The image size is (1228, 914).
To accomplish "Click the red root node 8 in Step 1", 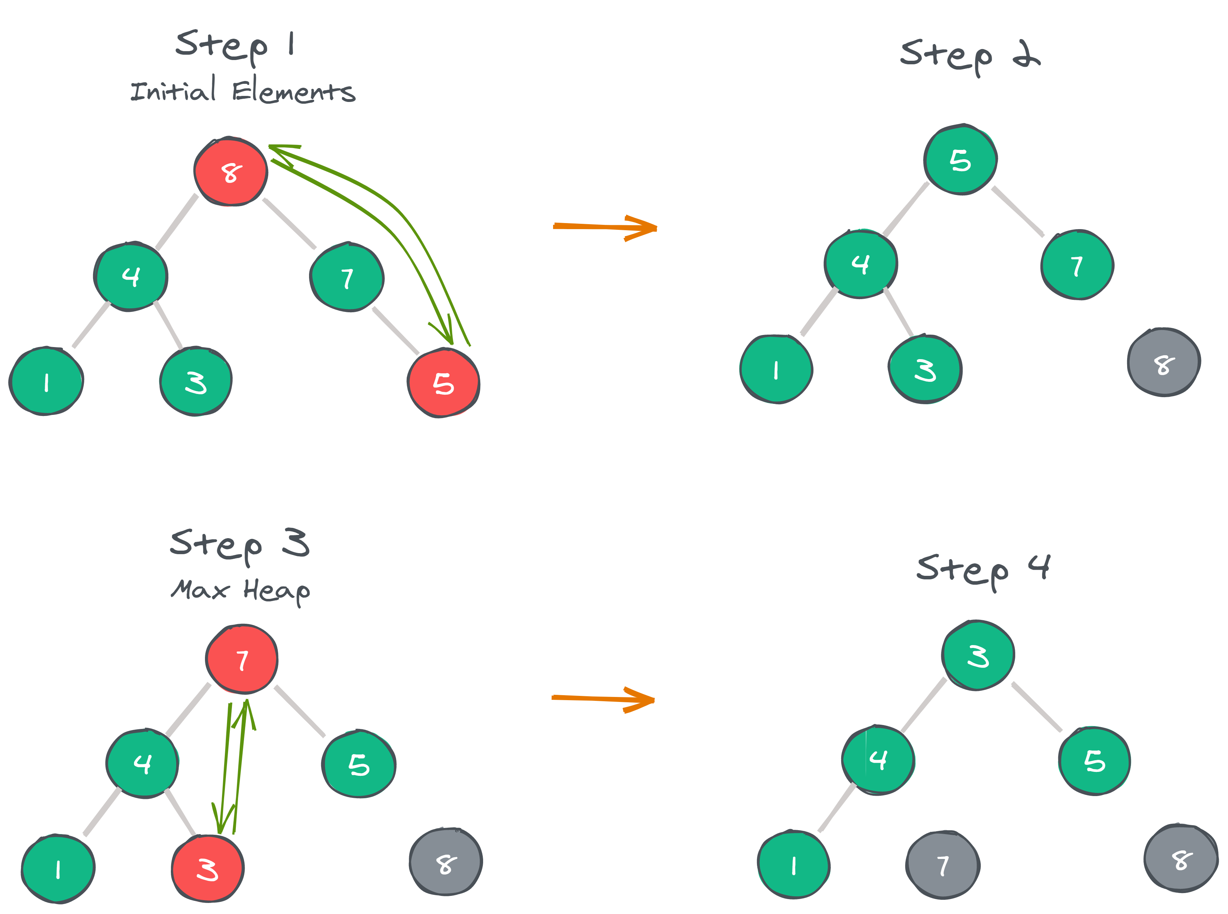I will click(x=231, y=172).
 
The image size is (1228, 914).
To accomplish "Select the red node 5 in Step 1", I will click(x=443, y=383).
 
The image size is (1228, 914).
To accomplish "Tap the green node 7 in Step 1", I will click(x=347, y=277).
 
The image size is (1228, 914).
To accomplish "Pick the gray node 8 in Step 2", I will click(x=1163, y=362).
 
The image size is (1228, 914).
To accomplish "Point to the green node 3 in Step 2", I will click(x=925, y=369).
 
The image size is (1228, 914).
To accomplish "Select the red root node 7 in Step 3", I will click(x=242, y=659).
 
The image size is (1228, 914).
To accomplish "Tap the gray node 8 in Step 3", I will click(x=446, y=861).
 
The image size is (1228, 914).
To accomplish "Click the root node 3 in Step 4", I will click(x=978, y=655).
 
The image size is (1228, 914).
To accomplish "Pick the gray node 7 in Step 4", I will click(x=942, y=865).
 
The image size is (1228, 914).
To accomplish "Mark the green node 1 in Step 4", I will click(x=793, y=864).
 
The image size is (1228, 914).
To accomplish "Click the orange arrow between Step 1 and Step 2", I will click(x=605, y=227).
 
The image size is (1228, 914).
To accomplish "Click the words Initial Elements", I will click(x=242, y=91).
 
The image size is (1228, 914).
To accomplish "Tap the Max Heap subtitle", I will click(x=240, y=590).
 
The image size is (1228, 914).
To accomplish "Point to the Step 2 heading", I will click(x=969, y=55).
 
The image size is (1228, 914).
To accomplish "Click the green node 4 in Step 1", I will click(x=131, y=276).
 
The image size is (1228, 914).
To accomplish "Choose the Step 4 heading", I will click(x=983, y=570).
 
